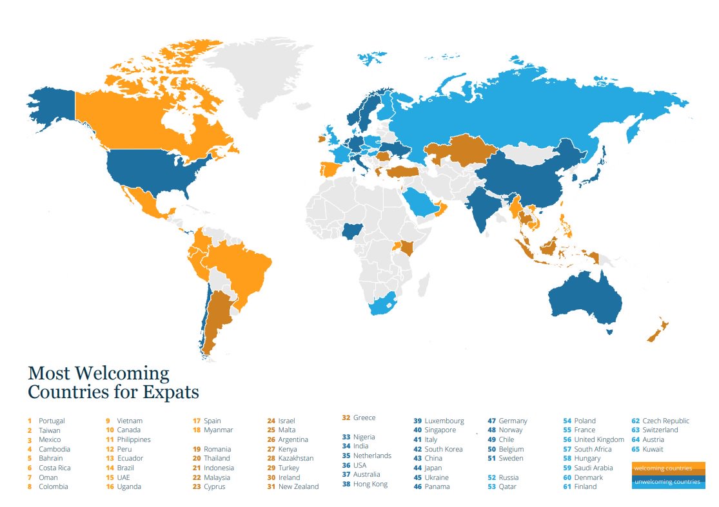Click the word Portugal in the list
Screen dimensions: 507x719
pos(52,421)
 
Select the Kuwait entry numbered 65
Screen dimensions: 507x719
pos(653,449)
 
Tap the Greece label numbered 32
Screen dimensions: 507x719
pos(364,417)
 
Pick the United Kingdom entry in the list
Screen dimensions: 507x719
pos(599,439)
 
